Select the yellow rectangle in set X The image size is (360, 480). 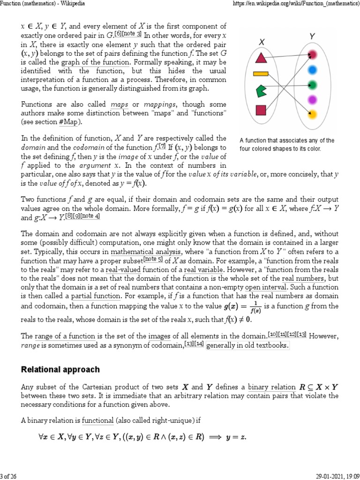pos(260,73)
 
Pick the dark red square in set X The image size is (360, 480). pos(261,110)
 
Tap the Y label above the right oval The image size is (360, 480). pos(312,36)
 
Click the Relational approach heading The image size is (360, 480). pos(60,369)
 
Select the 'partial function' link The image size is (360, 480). pos(96,296)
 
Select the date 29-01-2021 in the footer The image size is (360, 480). pos(328,475)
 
